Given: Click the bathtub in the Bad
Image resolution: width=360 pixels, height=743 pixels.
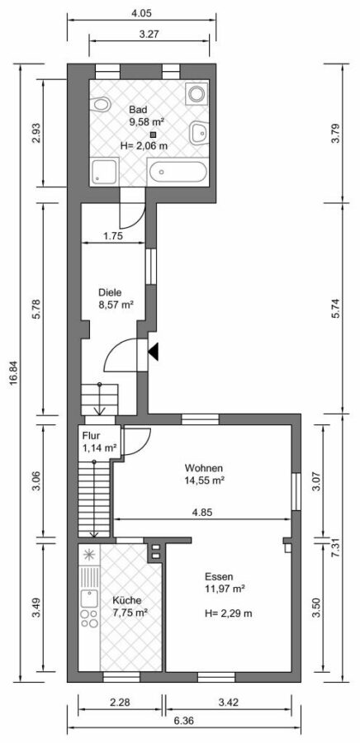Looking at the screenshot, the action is (178, 172).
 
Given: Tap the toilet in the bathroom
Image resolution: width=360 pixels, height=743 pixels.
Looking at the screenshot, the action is (101, 104).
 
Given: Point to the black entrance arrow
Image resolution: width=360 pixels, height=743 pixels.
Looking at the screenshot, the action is (153, 353).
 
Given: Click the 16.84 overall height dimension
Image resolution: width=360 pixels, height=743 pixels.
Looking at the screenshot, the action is (12, 373).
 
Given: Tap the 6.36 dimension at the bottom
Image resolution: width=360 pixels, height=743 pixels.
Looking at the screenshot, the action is (183, 721).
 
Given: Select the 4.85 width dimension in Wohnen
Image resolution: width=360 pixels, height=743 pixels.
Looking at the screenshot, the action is (202, 512).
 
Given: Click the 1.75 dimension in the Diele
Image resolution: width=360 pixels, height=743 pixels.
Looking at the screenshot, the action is (114, 236).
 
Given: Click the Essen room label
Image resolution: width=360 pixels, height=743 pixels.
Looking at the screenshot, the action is (219, 577).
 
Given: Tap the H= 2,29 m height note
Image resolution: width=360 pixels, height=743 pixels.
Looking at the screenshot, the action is (229, 613).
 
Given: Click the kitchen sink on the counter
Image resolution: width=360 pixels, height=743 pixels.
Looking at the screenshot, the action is (88, 599).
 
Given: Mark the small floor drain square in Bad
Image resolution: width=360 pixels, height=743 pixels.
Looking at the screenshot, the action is (153, 135).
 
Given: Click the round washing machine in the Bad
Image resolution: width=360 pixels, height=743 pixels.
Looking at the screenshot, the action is (197, 93).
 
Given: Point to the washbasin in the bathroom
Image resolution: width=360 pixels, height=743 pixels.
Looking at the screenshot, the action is (198, 133).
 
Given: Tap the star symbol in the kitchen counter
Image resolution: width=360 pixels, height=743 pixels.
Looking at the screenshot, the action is (88, 554).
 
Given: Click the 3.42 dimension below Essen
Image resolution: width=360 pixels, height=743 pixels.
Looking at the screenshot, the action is (229, 703).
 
